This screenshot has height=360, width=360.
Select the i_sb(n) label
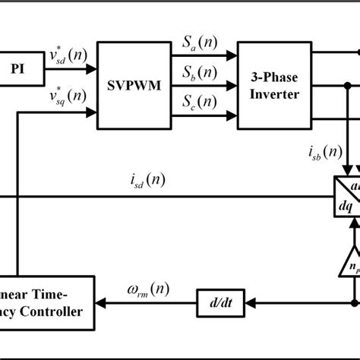click(324, 152)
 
